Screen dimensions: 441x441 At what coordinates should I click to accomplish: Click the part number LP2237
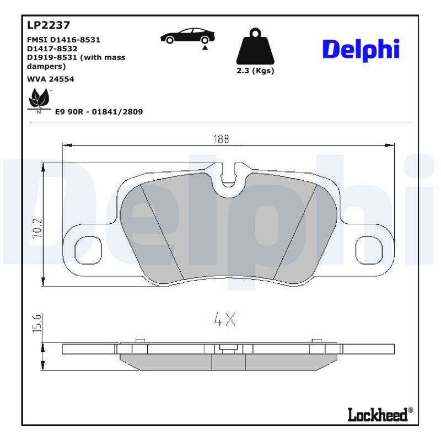pyautogui.click(x=48, y=25)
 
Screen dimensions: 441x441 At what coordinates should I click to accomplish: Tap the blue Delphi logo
pyautogui.click(x=360, y=50)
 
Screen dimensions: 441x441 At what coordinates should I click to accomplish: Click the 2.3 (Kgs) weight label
pyautogui.click(x=255, y=71)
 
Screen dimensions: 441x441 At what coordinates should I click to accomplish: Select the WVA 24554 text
pyautogui.click(x=51, y=79)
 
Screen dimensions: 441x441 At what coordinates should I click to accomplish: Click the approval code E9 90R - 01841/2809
pyautogui.click(x=99, y=112)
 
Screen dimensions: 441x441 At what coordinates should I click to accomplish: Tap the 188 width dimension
pyautogui.click(x=221, y=139)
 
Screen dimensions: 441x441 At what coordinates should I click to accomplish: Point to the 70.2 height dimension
pyautogui.click(x=37, y=227)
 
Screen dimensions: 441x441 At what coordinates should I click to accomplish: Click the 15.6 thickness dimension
pyautogui.click(x=37, y=324)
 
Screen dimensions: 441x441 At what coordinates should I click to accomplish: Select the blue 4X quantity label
pyautogui.click(x=224, y=319)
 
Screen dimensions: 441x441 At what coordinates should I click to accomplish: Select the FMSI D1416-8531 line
pyautogui.click(x=63, y=40)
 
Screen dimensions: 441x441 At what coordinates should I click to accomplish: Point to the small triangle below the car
pyautogui.click(x=205, y=49)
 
